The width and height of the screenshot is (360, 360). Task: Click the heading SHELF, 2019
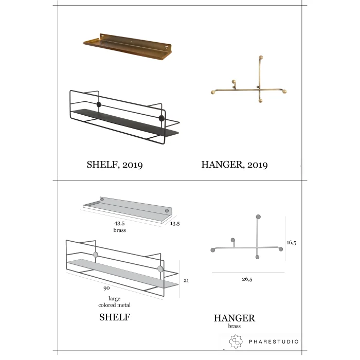coord(115,165)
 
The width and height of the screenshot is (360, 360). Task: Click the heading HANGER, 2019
coord(235,165)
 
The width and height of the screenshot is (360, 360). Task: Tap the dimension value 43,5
coord(119,223)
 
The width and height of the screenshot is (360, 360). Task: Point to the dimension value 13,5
coord(175,223)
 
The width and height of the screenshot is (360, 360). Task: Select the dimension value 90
coord(106,288)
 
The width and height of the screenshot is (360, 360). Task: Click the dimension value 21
coord(186,280)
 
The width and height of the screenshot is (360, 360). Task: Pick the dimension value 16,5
coord(292,242)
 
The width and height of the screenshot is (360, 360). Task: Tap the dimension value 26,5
coord(247,279)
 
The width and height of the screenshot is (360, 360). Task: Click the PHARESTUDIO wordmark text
coord(274,341)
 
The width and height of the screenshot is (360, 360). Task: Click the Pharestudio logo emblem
coord(236,341)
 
